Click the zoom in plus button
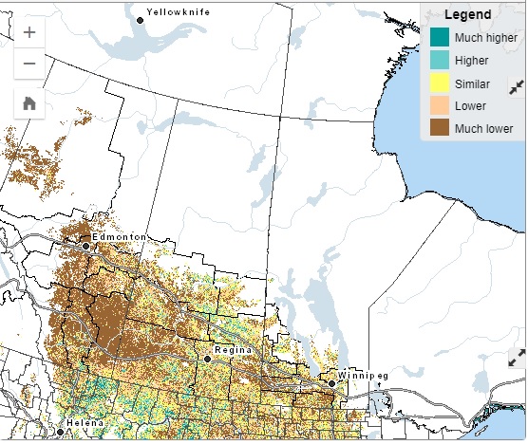click(29, 32)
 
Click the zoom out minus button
click(29, 64)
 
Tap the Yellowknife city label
click(178, 12)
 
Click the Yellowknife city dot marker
click(141, 20)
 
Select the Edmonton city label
click(119, 236)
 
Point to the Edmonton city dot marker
click(86, 246)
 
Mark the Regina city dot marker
click(208, 359)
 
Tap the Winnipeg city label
click(363, 376)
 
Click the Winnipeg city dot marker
click(332, 383)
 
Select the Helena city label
click(85, 422)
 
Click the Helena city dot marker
click(60, 432)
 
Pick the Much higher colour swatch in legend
click(440, 37)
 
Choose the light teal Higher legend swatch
click(440, 60)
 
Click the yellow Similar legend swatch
click(440, 83)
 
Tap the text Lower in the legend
click(471, 105)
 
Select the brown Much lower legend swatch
click(440, 128)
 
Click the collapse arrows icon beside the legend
click(517, 87)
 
